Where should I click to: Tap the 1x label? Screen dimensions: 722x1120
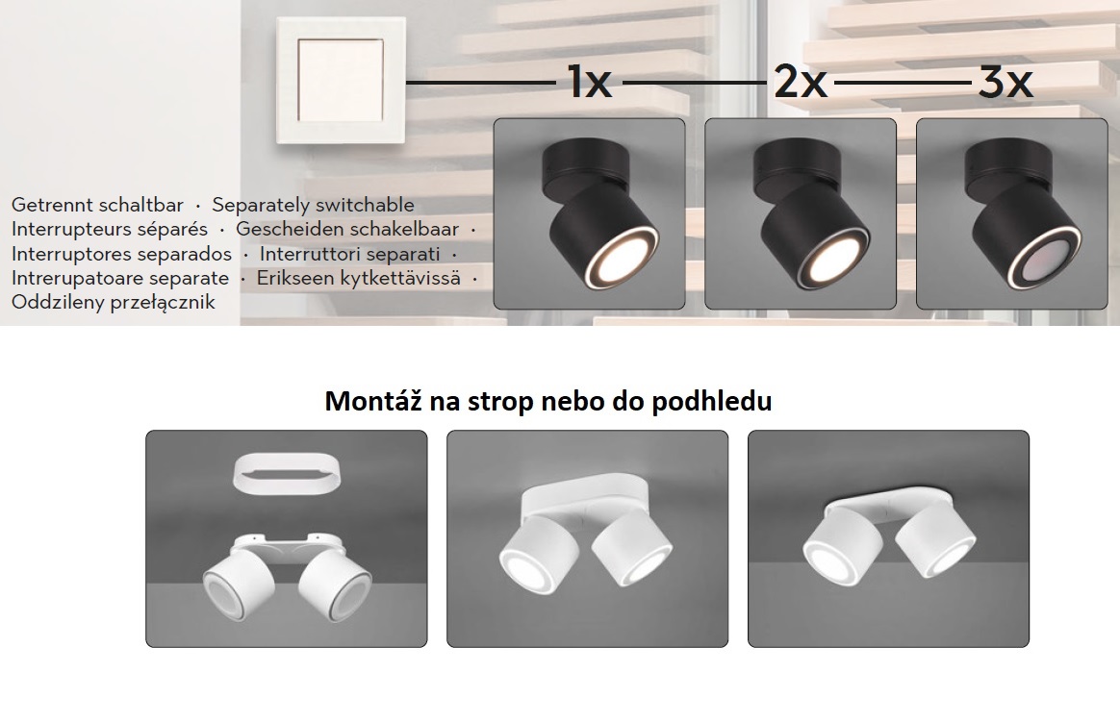[x=589, y=84]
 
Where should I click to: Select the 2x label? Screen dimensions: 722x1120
[x=800, y=84]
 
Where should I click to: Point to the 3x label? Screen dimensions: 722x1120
[x=1005, y=84]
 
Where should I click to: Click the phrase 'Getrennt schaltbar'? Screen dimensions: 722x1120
[x=97, y=205]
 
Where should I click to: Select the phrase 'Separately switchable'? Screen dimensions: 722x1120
[x=313, y=205]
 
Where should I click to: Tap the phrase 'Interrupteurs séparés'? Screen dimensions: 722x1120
[x=110, y=230]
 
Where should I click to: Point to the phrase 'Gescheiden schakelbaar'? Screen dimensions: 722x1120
[x=347, y=230]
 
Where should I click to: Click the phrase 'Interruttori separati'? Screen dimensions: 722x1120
[x=349, y=254]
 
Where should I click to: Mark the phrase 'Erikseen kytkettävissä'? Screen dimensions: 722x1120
[x=358, y=278]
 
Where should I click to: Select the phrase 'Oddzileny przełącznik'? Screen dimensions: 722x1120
[x=114, y=302]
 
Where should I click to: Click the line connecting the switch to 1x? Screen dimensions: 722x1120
[x=481, y=84]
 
